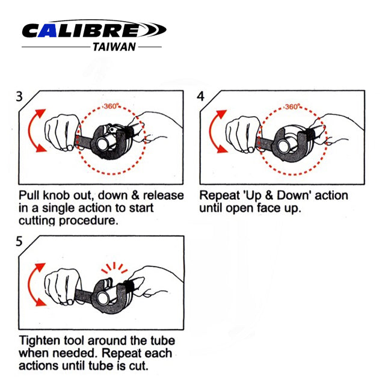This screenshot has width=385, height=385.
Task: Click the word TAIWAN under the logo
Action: pyautogui.click(x=114, y=47)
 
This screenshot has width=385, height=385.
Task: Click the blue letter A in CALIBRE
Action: pyautogui.click(x=48, y=31)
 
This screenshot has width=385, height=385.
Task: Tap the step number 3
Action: pyautogui.click(x=19, y=96)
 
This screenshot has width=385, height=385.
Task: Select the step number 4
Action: pyautogui.click(x=200, y=96)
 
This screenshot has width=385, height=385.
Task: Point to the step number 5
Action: pyautogui.click(x=19, y=241)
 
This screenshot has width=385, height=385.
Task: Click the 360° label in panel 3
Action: pyautogui.click(x=111, y=106)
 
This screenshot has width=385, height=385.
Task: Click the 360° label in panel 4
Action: pyautogui.click(x=292, y=107)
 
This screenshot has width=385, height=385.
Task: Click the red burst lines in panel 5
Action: pyautogui.click(x=114, y=268)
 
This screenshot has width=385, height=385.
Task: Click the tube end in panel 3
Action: pyautogui.click(x=102, y=144)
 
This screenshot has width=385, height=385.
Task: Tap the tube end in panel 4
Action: pyautogui.click(x=283, y=146)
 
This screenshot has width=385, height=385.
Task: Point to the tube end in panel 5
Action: pyautogui.click(x=103, y=298)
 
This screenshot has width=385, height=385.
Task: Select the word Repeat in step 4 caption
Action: pyautogui.click(x=220, y=196)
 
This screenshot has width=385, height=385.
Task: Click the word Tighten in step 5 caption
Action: pyautogui.click(x=40, y=341)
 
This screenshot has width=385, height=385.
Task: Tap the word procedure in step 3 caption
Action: pyautogui.click(x=88, y=221)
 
